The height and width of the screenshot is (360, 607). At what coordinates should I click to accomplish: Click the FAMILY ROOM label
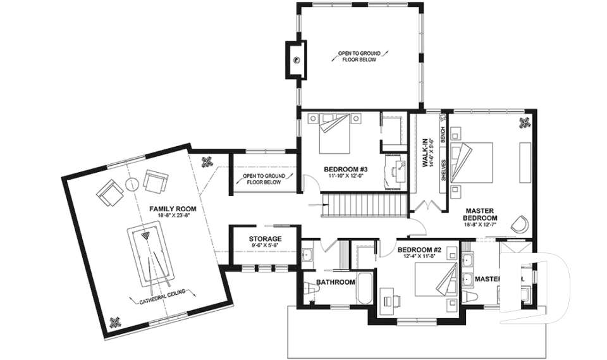click(172, 208)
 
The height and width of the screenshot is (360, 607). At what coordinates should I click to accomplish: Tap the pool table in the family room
click(149, 257)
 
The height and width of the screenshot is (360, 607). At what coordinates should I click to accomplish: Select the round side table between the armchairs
click(133, 184)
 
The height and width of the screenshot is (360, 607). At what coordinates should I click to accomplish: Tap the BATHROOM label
click(336, 282)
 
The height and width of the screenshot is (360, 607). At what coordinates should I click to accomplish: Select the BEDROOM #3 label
click(345, 170)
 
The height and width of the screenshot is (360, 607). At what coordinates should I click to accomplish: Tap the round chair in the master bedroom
click(521, 224)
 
